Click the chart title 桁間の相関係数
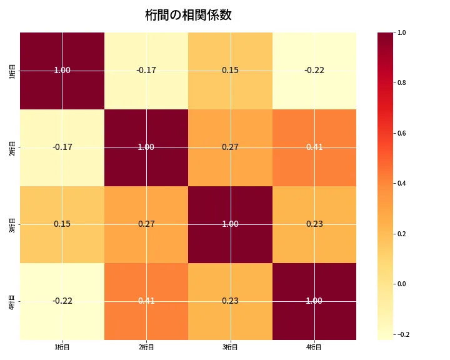188,15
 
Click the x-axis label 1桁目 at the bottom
62,347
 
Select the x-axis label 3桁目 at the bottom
230,347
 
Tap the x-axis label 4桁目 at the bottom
314,347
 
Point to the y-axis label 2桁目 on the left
12,147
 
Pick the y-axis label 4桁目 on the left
12,301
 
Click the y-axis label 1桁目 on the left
12,71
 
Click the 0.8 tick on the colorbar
401,82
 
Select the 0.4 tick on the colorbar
401,183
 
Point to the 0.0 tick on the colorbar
401,284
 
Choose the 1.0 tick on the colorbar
401,32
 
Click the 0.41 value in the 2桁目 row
314,147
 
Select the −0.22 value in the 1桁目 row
314,71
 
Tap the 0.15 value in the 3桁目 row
62,224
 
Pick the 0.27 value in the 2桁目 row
230,147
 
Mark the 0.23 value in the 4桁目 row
230,301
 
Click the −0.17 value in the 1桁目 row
146,71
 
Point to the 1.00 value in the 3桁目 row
230,224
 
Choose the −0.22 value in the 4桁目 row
62,301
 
